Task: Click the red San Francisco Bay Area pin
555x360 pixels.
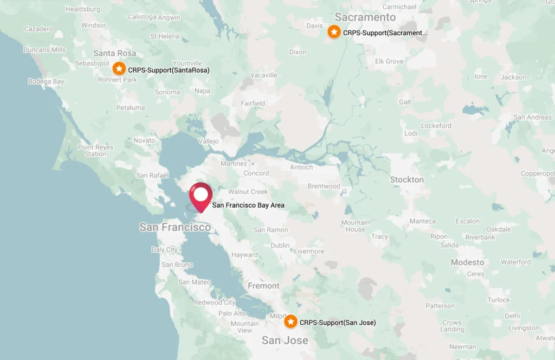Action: pos(201,196)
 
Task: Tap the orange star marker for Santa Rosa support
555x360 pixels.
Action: pos(119,69)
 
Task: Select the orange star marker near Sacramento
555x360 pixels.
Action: pos(334,32)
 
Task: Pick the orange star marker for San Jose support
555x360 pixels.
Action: pos(291,322)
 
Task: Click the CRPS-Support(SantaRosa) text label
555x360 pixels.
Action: pos(169,70)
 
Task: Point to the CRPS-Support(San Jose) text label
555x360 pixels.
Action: pos(337,323)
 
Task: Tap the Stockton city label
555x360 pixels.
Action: pos(406,179)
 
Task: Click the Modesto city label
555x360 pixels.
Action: pos(467,262)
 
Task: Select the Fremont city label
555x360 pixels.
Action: pos(263,286)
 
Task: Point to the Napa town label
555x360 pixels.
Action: pos(202,91)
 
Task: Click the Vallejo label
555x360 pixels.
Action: pos(209,142)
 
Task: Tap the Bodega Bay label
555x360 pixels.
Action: pos(46,82)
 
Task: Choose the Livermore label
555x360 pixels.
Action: pos(309,252)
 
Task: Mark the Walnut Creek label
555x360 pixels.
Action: pos(248,192)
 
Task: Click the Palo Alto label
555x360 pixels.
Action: pos(232,313)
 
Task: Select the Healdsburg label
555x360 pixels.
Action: pos(82,9)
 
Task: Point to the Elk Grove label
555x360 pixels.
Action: pos(389,61)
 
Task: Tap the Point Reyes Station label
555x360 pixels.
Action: pos(95,150)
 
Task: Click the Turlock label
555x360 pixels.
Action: pos(499,300)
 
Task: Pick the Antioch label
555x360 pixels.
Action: pos(301,167)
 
